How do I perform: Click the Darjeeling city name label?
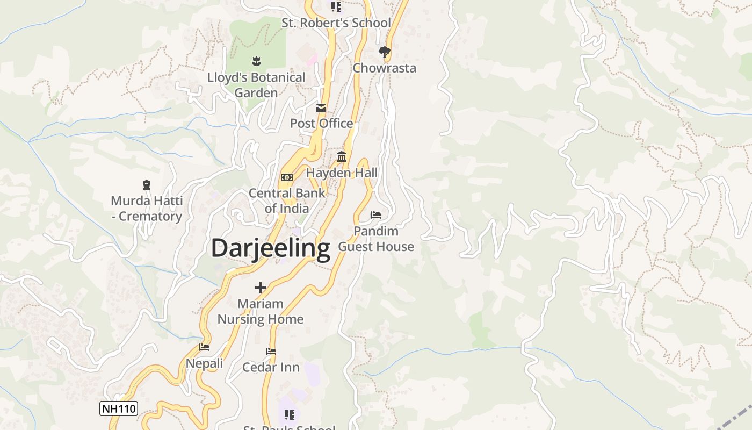click(x=270, y=248)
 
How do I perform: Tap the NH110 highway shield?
click(x=119, y=408)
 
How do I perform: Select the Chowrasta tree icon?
click(x=384, y=52)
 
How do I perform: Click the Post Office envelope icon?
click(x=321, y=108)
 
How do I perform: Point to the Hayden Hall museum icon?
click(x=342, y=157)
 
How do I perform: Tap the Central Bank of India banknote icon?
click(x=287, y=177)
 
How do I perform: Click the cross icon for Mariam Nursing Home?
click(x=261, y=288)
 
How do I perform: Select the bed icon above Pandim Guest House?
click(x=376, y=215)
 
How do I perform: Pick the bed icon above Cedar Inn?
click(x=271, y=352)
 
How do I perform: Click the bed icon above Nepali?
click(x=204, y=347)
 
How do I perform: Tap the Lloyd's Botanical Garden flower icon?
click(x=256, y=61)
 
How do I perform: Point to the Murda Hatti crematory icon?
click(x=147, y=185)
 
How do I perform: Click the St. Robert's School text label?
click(x=336, y=23)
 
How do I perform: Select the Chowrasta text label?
click(x=384, y=68)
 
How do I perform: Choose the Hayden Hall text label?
click(x=342, y=173)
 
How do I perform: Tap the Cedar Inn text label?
click(x=271, y=368)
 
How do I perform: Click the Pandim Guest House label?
click(x=376, y=239)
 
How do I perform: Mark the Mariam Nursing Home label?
click(x=261, y=312)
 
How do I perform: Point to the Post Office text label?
click(x=321, y=124)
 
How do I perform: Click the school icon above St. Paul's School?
click(x=290, y=414)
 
